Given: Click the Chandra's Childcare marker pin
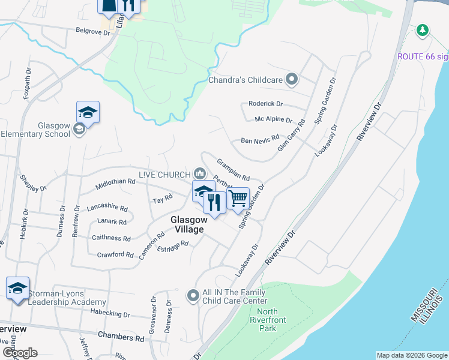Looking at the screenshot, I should click(292, 79).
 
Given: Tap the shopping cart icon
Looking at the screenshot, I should click(238, 197).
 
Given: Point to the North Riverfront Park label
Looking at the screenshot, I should click(267, 319).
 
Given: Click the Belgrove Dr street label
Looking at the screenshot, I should click(93, 31).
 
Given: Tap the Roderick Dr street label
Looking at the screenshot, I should click(265, 104).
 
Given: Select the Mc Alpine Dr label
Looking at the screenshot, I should click(273, 120).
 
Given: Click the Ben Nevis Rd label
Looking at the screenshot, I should click(260, 140).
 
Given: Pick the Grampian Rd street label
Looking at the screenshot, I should click(233, 169).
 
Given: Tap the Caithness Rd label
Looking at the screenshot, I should click(111, 238).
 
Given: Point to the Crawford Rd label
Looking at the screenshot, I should click(115, 255).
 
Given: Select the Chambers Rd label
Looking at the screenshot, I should click(121, 338).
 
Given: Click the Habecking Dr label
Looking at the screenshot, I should click(109, 314).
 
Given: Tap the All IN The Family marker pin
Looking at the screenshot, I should click(193, 295).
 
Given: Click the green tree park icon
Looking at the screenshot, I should click(423, 30).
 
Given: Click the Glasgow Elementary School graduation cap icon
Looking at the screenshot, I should click(88, 112).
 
